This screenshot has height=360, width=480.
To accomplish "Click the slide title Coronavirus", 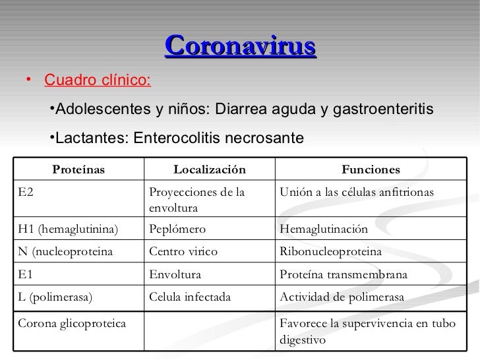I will pyautogui.click(x=241, y=47).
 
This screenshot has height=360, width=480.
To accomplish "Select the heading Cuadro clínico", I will pyautogui.click(x=97, y=81).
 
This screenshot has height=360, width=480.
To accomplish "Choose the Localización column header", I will pyautogui.click(x=209, y=170).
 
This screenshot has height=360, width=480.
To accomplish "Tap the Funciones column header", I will pyautogui.click(x=370, y=170).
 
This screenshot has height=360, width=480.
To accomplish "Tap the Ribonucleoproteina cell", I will pyautogui.click(x=331, y=251).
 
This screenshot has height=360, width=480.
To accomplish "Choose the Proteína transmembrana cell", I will pyautogui.click(x=344, y=274).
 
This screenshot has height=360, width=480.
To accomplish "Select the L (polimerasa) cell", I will pyautogui.click(x=55, y=297).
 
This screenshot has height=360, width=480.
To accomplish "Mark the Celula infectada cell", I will pyautogui.click(x=191, y=297).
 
